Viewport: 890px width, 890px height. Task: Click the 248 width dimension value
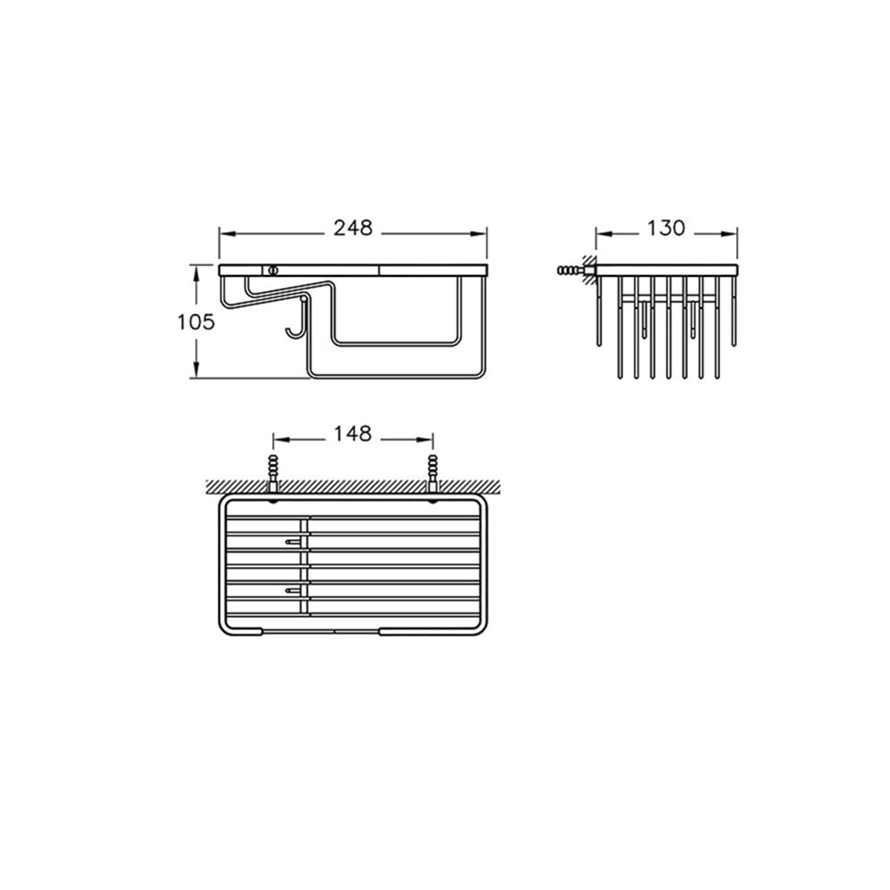[352, 228]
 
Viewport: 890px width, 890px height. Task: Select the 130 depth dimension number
[666, 228]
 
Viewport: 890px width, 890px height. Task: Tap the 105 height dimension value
[196, 322]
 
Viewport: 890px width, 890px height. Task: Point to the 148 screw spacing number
[352, 433]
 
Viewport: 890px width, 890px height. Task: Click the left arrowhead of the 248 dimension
[227, 233]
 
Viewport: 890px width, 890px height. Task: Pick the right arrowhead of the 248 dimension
[480, 233]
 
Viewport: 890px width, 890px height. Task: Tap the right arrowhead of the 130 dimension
[730, 233]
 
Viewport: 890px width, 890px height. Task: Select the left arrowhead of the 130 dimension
[603, 233]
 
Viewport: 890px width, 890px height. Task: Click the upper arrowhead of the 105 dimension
[197, 273]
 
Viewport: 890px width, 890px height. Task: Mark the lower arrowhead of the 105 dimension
[197, 369]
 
